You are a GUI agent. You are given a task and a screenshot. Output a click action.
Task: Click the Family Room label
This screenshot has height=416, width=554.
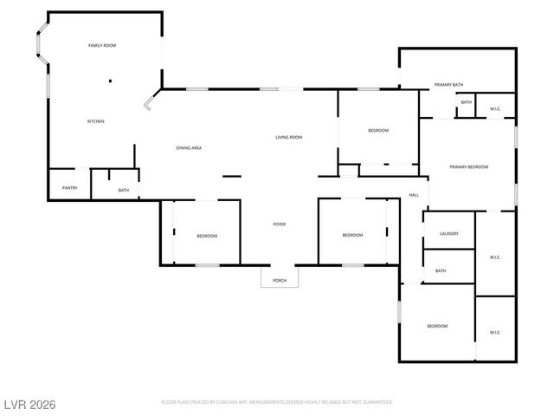click(x=102, y=45)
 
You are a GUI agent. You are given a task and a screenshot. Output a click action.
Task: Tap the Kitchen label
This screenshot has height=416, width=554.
click(x=95, y=121)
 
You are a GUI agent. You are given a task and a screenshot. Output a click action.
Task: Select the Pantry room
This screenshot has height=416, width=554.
click(x=68, y=187)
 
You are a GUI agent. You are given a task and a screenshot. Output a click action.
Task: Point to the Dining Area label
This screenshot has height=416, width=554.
click(x=189, y=148)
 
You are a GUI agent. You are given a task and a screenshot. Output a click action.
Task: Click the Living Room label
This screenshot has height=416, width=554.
click(x=288, y=137)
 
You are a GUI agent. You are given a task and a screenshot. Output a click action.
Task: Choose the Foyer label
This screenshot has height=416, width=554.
click(x=280, y=224)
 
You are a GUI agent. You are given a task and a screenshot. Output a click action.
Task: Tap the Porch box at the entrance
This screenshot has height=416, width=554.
click(x=280, y=280)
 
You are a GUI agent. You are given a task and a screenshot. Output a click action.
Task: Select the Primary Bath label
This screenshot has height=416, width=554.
click(x=448, y=85)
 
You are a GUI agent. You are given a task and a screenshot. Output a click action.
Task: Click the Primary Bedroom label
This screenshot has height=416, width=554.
click(x=468, y=166)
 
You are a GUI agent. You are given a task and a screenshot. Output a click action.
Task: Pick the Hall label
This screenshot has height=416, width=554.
click(x=414, y=195)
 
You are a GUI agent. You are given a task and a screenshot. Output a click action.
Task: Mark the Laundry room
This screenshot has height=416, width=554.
click(x=448, y=233)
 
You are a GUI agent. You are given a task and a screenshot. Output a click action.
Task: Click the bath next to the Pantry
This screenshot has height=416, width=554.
click(x=124, y=191)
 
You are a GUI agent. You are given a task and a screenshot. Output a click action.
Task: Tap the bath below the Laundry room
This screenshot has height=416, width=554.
click(x=441, y=271)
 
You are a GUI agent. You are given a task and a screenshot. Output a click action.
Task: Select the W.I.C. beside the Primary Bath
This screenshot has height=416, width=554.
click(x=495, y=108)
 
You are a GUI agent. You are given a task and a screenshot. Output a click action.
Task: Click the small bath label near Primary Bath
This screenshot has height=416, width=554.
click(x=466, y=103)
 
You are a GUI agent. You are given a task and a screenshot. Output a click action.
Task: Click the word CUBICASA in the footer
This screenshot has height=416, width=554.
click(x=235, y=402)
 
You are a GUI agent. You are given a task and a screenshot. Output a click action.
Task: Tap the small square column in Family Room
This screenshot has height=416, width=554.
click(x=110, y=81)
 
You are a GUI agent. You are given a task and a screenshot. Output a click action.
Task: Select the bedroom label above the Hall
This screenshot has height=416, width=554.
click(x=378, y=131)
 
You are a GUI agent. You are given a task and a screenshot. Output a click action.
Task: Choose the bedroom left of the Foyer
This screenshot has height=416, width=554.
click(x=206, y=236)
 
